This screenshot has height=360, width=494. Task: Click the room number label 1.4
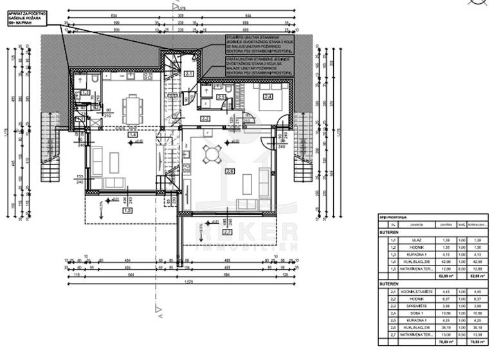click(133, 136)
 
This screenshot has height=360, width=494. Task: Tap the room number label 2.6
click(230, 171)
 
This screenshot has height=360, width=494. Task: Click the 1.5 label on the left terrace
click(127, 210)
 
